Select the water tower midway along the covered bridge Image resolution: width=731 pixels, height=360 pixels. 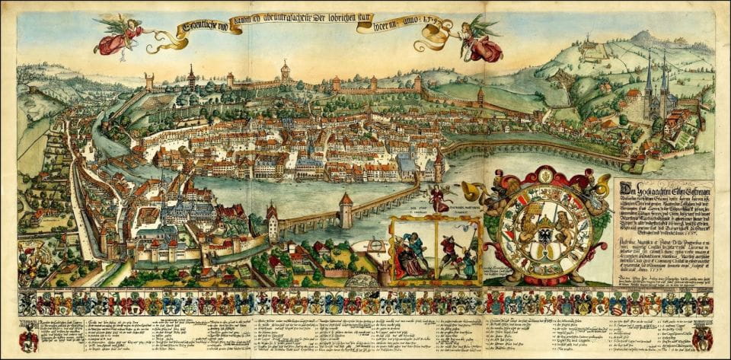(346, 209)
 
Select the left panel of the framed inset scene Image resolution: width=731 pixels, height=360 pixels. (412, 251)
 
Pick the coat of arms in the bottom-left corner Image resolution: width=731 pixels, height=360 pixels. (30, 336)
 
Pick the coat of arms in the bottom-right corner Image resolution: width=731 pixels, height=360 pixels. (701, 335)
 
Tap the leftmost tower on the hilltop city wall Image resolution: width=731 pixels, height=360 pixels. (149, 81)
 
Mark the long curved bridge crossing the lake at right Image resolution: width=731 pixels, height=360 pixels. (533, 146)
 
